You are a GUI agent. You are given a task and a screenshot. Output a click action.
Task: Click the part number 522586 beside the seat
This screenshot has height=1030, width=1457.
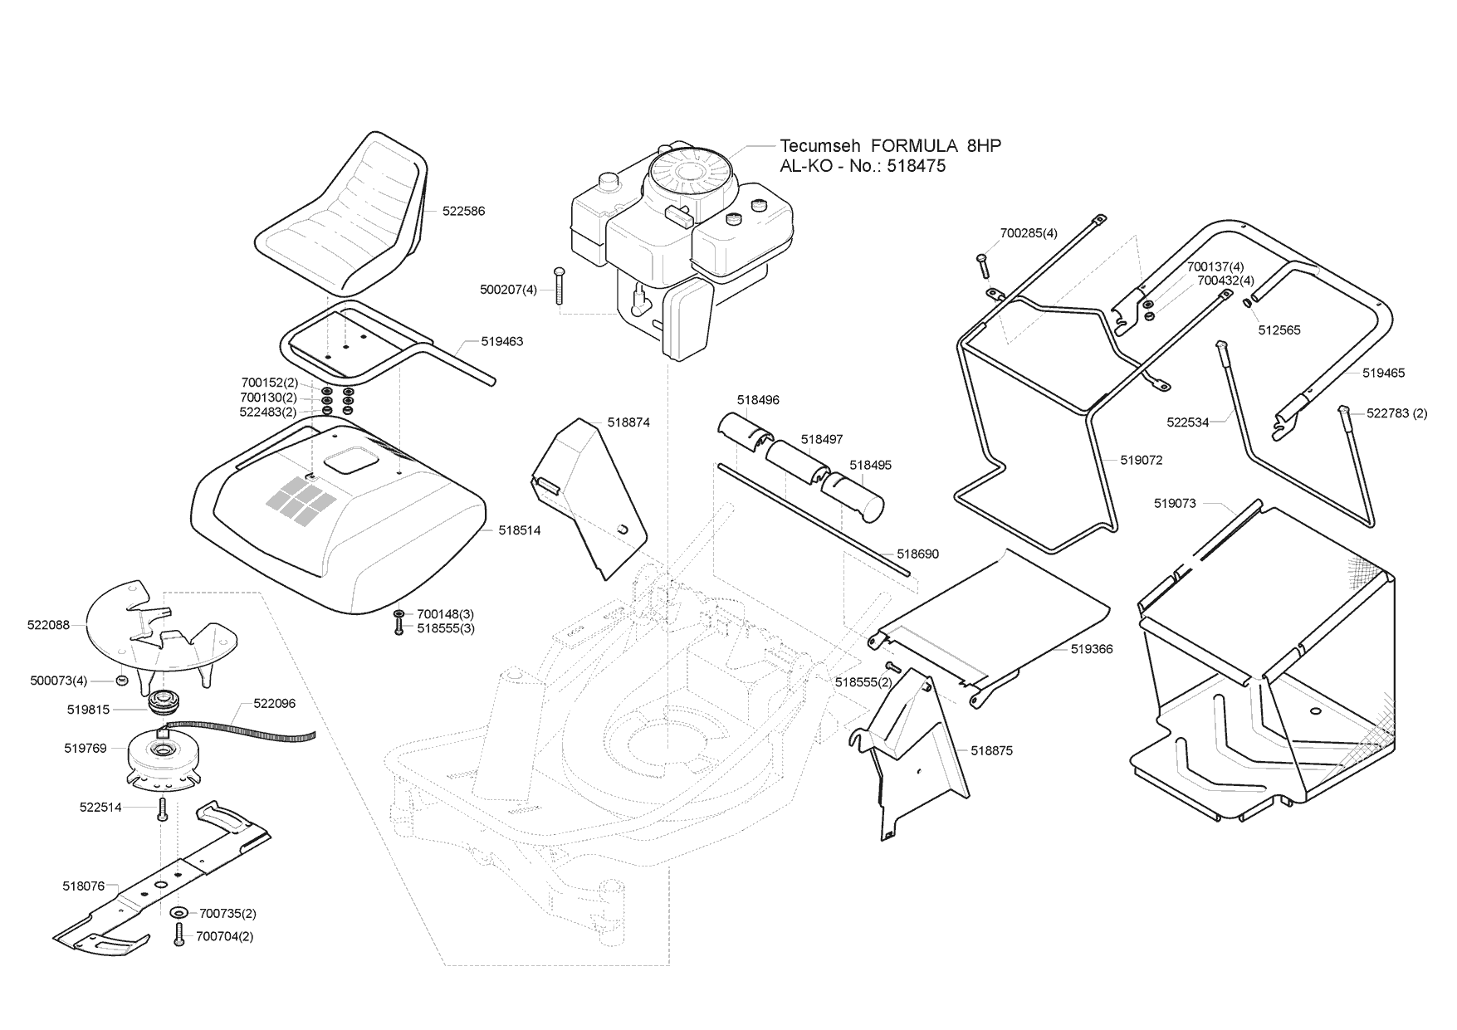pos(463,212)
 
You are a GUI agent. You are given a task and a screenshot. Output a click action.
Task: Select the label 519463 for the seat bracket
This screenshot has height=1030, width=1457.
pos(501,342)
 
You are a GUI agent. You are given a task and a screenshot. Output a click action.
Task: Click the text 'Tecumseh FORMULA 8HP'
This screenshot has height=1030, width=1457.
pos(890,146)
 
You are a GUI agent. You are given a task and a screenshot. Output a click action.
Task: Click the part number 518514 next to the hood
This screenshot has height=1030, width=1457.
pos(519,530)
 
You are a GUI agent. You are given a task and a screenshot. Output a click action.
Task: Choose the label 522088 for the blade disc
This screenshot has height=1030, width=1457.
pos(48,625)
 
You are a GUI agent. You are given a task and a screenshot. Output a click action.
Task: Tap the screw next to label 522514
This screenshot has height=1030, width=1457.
pos(163,807)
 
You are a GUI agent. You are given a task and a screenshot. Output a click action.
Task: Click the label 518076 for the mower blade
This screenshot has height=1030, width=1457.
pos(84,886)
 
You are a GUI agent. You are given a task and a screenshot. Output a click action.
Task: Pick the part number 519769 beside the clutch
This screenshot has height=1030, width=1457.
pos(86,749)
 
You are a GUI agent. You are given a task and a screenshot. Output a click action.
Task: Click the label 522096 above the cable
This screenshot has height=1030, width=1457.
pos(274,704)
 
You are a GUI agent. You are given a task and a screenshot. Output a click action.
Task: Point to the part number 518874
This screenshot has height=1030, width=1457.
pos(628,422)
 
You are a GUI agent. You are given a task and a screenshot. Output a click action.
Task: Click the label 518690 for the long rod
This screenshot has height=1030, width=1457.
pos(917,554)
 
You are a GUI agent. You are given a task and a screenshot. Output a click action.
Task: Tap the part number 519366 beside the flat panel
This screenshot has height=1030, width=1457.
pos(1092,649)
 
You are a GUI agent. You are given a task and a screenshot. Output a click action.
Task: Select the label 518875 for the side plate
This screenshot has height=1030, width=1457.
pos(992,750)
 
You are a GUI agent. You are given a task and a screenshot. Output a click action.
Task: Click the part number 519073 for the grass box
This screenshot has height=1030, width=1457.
pos(1175,504)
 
